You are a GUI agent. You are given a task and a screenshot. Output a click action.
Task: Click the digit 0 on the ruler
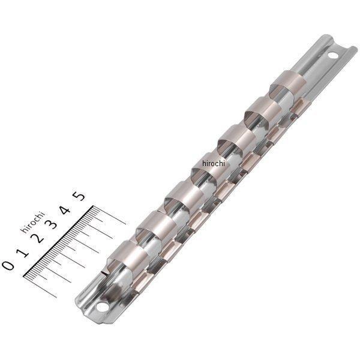[8, 265]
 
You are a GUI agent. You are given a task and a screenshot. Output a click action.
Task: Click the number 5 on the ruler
[79, 196]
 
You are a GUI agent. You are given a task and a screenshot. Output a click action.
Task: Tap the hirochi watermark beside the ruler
[32, 221]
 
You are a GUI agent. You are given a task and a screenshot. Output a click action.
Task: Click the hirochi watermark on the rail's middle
[213, 163]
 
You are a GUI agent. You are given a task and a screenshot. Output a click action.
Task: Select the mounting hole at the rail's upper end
[332, 58]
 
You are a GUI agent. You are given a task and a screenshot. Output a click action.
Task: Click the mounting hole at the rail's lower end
[103, 311]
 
